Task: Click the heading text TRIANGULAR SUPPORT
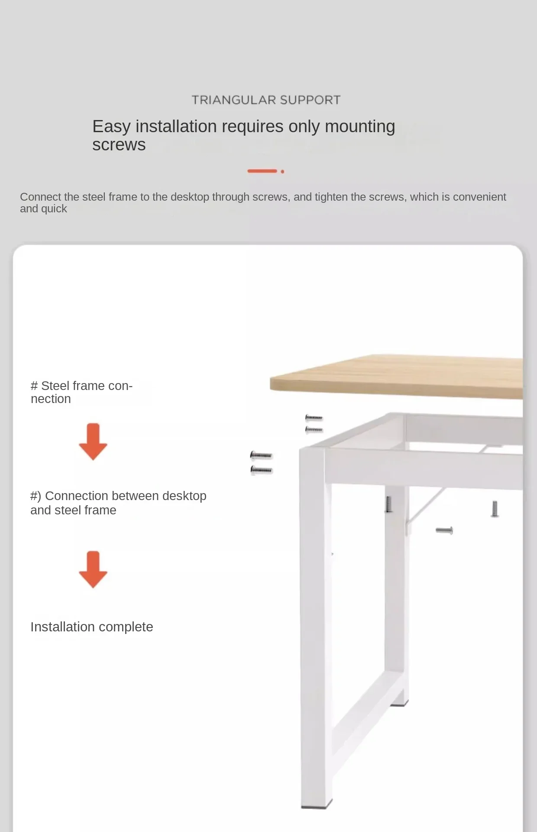click(266, 100)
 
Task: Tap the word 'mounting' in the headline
click(360, 127)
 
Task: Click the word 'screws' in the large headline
click(119, 145)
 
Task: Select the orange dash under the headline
click(262, 171)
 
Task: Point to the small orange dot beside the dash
click(282, 172)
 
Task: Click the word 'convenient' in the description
click(479, 197)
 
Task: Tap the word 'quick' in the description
click(54, 209)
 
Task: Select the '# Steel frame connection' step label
click(82, 392)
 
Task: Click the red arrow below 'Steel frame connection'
click(93, 442)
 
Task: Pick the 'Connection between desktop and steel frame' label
click(118, 503)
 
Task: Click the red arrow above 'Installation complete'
click(93, 569)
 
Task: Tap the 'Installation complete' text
click(92, 627)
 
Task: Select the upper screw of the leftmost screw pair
click(261, 455)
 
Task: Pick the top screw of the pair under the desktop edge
click(314, 418)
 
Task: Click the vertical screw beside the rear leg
click(389, 504)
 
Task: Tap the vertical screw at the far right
click(495, 509)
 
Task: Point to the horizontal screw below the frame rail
click(444, 530)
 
